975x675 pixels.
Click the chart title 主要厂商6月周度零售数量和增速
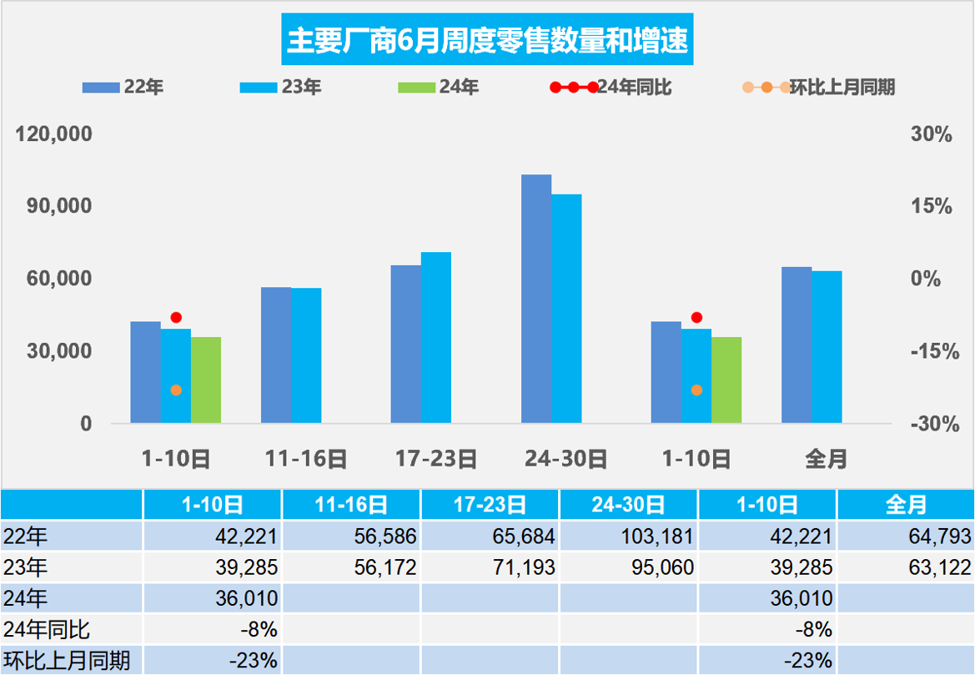488,40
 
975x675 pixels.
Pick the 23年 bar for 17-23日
436,337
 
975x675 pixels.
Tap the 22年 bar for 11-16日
276,355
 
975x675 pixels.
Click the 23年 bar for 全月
827,347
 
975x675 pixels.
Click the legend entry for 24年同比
612,88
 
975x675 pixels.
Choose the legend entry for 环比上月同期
819,88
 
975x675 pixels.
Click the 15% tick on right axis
931,206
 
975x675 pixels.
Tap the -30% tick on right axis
931,424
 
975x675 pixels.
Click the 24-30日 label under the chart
566,458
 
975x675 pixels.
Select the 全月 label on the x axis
827,458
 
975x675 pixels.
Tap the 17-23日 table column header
490,504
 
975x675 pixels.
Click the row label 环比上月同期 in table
67,661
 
